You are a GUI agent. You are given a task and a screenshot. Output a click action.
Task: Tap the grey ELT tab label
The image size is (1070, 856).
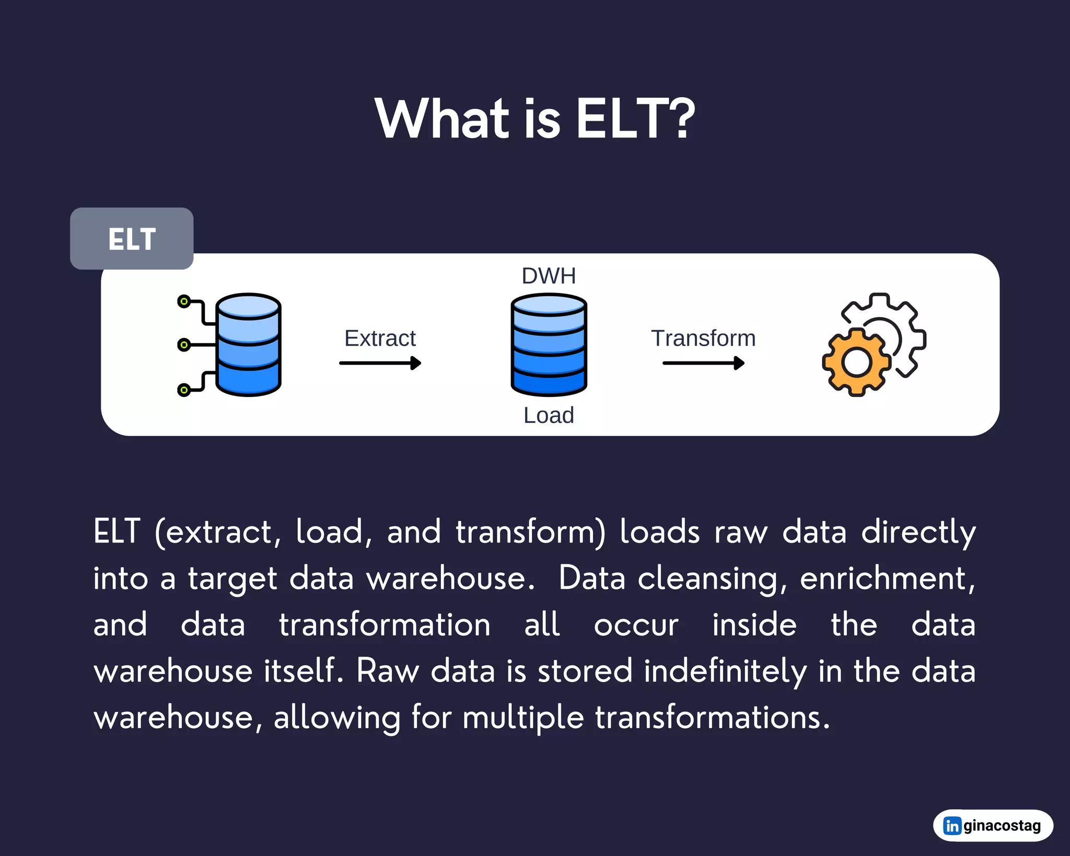(132, 239)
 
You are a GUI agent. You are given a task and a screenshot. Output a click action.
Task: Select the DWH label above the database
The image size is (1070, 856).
(549, 276)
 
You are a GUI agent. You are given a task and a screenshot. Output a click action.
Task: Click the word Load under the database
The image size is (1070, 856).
(549, 416)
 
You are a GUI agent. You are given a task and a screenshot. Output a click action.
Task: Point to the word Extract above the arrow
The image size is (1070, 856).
(380, 338)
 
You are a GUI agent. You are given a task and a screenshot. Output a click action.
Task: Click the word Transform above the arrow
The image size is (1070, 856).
(703, 338)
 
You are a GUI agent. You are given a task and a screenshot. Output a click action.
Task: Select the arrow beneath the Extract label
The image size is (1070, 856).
(380, 363)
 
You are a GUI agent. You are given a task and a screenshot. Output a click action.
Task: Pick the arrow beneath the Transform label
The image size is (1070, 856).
(703, 363)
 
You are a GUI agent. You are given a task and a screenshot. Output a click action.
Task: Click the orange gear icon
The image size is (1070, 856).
(856, 362)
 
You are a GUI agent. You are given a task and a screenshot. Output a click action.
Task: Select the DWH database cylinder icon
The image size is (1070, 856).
(549, 345)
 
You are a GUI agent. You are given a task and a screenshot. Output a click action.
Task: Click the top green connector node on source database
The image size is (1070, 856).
(183, 301)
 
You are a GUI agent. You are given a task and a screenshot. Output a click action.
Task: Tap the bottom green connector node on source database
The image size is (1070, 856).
(183, 390)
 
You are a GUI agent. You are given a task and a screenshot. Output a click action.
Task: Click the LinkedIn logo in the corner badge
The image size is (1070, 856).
(952, 826)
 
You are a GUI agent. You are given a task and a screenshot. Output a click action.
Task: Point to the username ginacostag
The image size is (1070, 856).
(1002, 826)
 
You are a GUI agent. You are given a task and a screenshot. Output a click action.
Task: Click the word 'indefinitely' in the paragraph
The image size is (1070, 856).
(725, 672)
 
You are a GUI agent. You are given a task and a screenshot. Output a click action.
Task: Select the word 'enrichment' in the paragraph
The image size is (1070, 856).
(883, 579)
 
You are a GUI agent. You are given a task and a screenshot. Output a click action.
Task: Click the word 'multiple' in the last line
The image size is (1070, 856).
(522, 718)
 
